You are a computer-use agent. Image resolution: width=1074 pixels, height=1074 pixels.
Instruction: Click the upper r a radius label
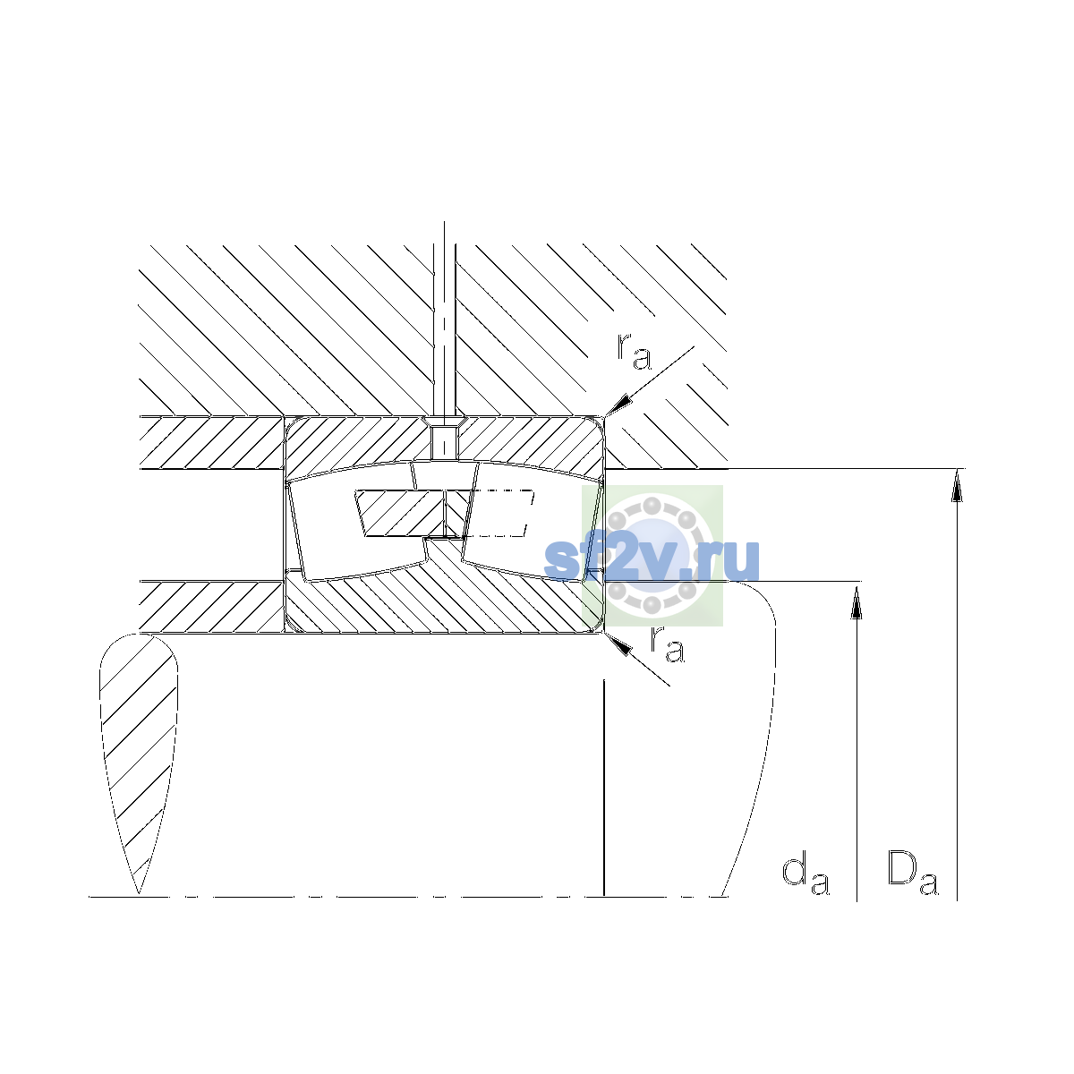[x=634, y=352]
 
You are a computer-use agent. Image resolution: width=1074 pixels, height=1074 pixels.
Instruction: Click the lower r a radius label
[x=667, y=644]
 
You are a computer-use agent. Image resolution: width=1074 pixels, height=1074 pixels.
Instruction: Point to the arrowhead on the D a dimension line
[x=957, y=485]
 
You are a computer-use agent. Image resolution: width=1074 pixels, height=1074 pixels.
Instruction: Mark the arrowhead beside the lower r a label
[x=618, y=644]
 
